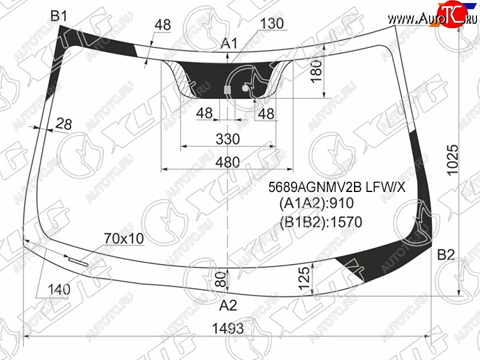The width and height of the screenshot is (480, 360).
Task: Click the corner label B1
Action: click(58, 16)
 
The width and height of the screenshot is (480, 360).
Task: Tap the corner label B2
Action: click(446, 254)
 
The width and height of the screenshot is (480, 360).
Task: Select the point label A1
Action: click(229, 43)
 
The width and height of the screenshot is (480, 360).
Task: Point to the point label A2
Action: click(228, 305)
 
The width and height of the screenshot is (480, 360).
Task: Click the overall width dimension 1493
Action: click(228, 328)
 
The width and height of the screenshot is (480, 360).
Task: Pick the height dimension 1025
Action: click(453, 160)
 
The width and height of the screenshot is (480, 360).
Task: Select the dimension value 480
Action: click(227, 161)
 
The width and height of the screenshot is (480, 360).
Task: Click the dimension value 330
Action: click(227, 139)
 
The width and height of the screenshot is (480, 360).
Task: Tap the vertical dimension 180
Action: click(317, 71)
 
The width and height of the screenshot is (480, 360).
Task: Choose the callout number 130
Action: click(272, 23)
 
